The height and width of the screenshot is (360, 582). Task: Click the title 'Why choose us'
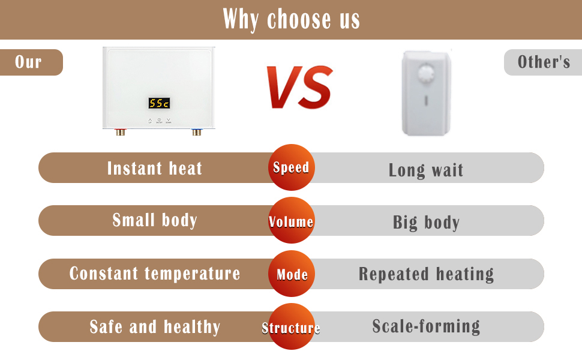tap(292, 19)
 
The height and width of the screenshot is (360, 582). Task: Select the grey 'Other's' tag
tap(543, 62)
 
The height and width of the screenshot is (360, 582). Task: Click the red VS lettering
tap(299, 88)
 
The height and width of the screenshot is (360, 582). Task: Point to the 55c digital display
tap(159, 103)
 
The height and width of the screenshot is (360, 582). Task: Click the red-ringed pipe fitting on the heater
tap(120, 132)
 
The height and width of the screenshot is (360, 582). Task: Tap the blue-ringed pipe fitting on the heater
tap(197, 132)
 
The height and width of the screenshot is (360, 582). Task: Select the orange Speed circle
tap(292, 167)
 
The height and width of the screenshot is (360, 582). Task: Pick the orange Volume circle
tap(292, 220)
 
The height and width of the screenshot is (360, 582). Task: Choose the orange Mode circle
tap(292, 274)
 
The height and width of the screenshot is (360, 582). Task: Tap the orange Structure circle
tap(292, 326)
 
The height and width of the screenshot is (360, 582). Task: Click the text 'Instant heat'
tap(155, 168)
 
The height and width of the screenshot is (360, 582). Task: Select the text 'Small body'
tap(155, 220)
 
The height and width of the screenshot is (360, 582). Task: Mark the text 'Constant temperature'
tap(155, 274)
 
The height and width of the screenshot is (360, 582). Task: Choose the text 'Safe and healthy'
tap(155, 327)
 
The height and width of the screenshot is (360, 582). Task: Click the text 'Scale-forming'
tap(426, 327)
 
